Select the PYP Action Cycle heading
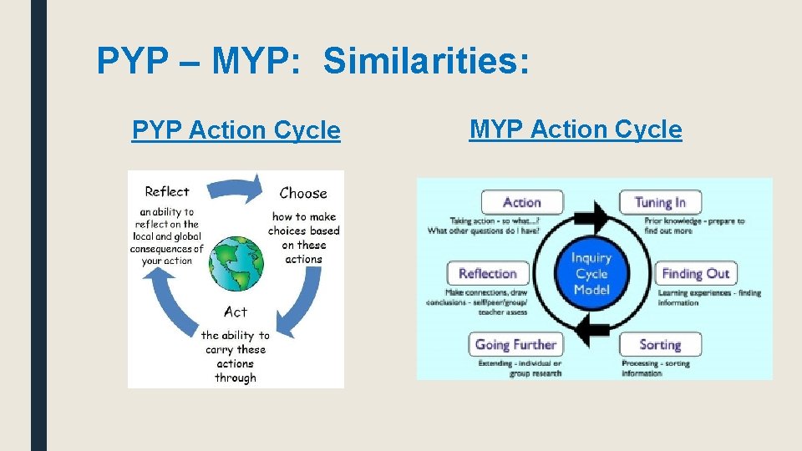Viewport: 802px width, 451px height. (x=236, y=130)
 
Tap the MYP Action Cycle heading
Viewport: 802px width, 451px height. (x=576, y=129)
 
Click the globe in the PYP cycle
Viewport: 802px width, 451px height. (x=237, y=262)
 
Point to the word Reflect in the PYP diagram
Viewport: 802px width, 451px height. (x=167, y=191)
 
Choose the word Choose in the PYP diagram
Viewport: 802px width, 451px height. (x=303, y=193)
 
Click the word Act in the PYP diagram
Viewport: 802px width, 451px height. (x=236, y=312)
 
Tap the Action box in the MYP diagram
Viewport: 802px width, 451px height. (x=522, y=202)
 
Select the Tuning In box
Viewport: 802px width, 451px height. (x=660, y=202)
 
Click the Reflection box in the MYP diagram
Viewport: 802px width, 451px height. (x=488, y=273)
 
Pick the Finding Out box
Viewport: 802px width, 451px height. (x=695, y=273)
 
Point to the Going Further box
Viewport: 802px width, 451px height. (x=515, y=344)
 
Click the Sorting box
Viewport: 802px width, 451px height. (x=660, y=344)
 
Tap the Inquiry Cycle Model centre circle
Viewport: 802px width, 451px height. (x=591, y=274)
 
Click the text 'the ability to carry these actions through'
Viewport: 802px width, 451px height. (x=236, y=357)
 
